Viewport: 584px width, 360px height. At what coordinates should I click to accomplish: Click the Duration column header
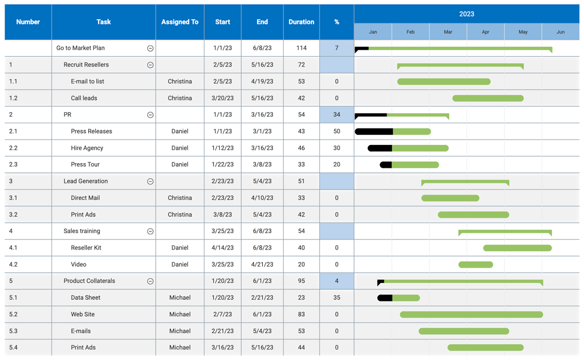coord(301,22)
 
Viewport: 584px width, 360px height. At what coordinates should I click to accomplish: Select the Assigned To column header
coord(180,22)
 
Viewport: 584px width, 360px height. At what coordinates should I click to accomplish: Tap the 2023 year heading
coord(467,14)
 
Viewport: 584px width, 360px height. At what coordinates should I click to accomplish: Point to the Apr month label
coord(485,32)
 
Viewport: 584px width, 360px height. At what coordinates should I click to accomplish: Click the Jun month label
coord(560,32)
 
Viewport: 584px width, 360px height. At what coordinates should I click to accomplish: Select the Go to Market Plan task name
coord(81,48)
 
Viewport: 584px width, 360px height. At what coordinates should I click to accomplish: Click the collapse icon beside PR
coord(150,115)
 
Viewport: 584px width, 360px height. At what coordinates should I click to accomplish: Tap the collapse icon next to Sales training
coord(150,231)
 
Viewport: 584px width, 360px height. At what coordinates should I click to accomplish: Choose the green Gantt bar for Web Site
coord(471,314)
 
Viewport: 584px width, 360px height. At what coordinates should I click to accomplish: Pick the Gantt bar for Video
coord(475,265)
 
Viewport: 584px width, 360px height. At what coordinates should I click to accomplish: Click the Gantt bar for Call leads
coord(488,98)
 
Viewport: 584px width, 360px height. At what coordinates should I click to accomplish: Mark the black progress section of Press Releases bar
coord(374,131)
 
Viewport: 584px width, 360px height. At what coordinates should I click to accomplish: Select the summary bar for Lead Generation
coord(465,182)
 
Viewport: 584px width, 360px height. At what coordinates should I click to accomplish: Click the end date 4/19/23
coord(262,81)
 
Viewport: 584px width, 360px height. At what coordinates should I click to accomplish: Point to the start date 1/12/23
coord(223,148)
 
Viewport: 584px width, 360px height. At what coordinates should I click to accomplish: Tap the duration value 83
coord(301,314)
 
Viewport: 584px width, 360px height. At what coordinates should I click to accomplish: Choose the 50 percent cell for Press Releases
coord(336,131)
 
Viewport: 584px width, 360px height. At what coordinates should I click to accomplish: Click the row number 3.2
coord(13,214)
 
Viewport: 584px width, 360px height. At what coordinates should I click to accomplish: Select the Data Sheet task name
coord(85,297)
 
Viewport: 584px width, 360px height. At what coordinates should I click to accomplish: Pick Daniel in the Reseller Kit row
coord(180,248)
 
